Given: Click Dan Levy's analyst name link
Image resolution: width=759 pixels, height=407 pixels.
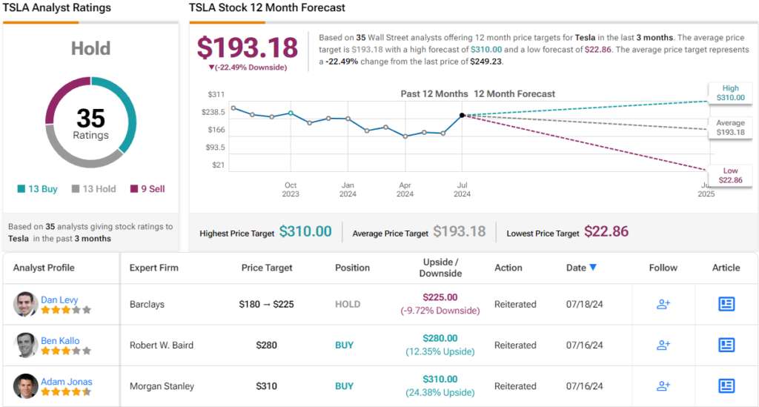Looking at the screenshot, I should pyautogui.click(x=59, y=300).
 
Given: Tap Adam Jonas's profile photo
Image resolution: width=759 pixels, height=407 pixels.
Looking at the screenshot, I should pyautogui.click(x=25, y=386).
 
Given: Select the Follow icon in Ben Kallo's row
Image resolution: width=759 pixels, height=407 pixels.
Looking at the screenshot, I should pyautogui.click(x=663, y=345).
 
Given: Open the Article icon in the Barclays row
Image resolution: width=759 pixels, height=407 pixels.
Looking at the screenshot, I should pyautogui.click(x=726, y=304).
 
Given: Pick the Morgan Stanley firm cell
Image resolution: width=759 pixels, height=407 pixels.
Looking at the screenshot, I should pyautogui.click(x=162, y=386).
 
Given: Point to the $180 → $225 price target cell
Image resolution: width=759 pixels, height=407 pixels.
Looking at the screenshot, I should pyautogui.click(x=266, y=304).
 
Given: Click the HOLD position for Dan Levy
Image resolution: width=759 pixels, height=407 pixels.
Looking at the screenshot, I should pyautogui.click(x=348, y=304).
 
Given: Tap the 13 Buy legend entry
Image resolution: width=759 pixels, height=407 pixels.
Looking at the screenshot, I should pyautogui.click(x=37, y=189).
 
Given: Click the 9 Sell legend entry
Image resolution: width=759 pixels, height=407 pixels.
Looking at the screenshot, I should pyautogui.click(x=148, y=189).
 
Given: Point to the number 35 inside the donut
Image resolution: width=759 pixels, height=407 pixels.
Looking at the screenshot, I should pyautogui.click(x=90, y=119).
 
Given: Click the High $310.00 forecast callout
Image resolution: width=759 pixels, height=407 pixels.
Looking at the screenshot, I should pyautogui.click(x=729, y=92).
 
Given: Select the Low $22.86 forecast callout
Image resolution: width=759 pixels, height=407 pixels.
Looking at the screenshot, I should pyautogui.click(x=729, y=176).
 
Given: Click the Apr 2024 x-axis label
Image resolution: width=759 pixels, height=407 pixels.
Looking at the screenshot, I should pyautogui.click(x=405, y=190).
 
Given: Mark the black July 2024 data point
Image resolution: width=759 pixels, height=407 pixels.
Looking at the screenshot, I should pyautogui.click(x=462, y=115).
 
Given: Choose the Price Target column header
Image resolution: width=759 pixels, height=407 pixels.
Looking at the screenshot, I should pyautogui.click(x=267, y=268).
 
